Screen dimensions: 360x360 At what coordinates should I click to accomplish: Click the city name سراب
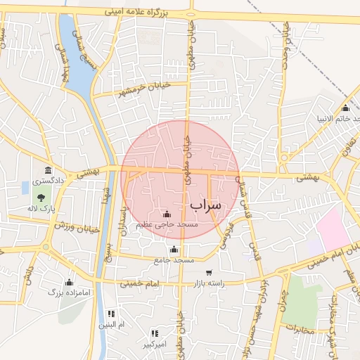[205, 204]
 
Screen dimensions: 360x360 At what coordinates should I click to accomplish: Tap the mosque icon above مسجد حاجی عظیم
[167, 214]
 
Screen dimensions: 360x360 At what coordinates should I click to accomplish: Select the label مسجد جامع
[174, 260]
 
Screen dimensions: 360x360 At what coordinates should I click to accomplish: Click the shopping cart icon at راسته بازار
[209, 272]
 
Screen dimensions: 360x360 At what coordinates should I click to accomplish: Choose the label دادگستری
[47, 181]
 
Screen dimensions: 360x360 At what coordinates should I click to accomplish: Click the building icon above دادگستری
[48, 170]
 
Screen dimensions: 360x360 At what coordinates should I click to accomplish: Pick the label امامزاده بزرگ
[70, 291]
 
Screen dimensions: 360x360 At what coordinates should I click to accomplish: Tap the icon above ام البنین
[111, 314]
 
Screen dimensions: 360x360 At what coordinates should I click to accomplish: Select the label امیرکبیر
[154, 345]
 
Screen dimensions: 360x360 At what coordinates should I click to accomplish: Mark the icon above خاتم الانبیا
[345, 108]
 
